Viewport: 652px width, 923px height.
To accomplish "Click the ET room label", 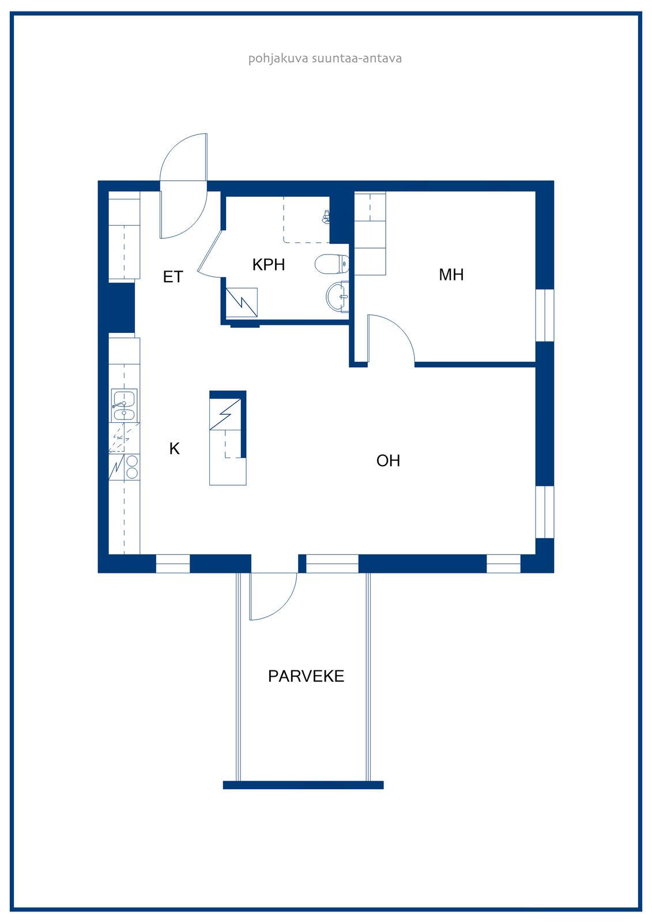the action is tap(172, 277).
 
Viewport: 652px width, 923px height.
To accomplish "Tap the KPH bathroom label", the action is tap(269, 265).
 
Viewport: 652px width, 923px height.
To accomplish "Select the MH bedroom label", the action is tap(451, 275).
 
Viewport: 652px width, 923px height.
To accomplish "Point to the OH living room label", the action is tap(388, 461).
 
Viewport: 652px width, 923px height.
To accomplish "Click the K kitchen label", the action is tap(174, 449).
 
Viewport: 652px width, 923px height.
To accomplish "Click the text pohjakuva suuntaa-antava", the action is tap(325, 58).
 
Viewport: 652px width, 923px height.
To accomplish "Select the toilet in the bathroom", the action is tap(332, 264).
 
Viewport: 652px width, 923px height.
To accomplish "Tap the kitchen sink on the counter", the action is tap(124, 404).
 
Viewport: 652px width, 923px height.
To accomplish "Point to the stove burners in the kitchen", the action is tap(132, 467).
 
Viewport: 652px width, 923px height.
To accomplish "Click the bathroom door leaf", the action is tap(210, 251).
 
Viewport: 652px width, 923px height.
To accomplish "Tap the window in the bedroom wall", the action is tap(545, 315).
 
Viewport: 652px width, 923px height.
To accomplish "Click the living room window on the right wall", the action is tap(545, 512).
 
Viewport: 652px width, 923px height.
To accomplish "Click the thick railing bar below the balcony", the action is tap(303, 785).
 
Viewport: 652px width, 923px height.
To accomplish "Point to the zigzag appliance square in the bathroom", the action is tap(242, 302).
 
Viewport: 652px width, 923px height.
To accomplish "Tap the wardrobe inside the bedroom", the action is tap(370, 233).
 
